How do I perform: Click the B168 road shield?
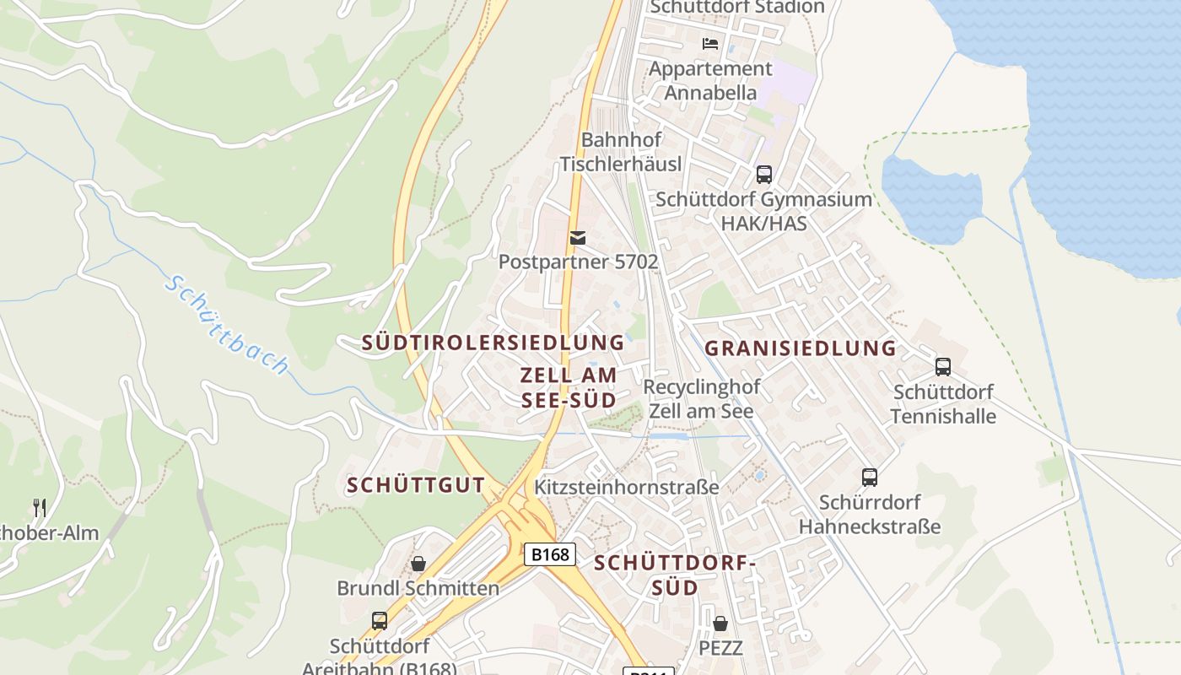[x=550, y=554]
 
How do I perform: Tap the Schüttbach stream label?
[x=227, y=325]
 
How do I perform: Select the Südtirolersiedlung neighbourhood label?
[x=493, y=343]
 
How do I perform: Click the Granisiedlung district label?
[x=800, y=348]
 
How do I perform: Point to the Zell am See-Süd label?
[x=569, y=387]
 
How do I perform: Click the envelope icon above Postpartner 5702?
[x=578, y=238]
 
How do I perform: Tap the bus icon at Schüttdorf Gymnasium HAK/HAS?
[x=763, y=175]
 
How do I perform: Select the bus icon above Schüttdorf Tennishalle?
[x=943, y=367]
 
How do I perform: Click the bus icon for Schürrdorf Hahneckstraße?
[x=870, y=478]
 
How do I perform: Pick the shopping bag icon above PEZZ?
[x=720, y=624]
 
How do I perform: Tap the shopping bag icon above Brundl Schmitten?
[x=418, y=563]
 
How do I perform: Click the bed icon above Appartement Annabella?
[x=710, y=43]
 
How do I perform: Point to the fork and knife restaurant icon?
[x=40, y=507]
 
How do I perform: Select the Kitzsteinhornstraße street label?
[x=626, y=487]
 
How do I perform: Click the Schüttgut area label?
[x=416, y=485]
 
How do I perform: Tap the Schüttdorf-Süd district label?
[x=672, y=575]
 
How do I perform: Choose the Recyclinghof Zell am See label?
[x=701, y=399]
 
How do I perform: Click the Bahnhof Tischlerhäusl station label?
[x=621, y=152]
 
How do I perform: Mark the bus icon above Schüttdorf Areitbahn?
[x=380, y=621]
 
